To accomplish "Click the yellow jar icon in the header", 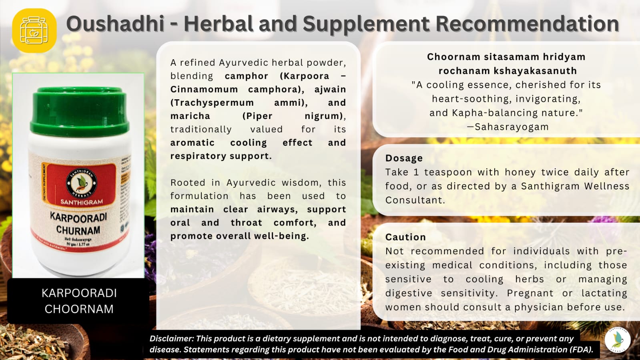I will pos(34,30).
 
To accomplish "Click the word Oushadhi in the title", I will pos(115,24).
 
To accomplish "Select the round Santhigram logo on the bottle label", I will pos(81,183).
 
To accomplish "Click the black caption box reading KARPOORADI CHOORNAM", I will pos(79,301).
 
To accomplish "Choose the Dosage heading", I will pos(404,158).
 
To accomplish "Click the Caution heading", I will pos(405,237).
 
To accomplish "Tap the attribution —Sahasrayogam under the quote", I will pos(508,127).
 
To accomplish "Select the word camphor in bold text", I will pos(246,76).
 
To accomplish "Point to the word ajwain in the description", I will pos(330,89).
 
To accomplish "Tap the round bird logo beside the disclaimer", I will pos(618,340).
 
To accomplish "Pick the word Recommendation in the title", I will pos(527,24).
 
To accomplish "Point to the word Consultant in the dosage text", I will pos(415,200).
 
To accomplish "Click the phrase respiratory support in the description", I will pos(221,156).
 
